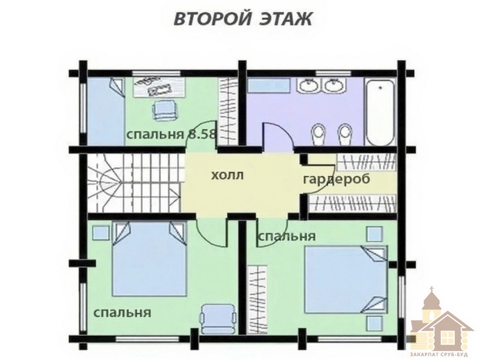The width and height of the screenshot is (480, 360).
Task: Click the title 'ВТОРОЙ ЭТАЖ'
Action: (243, 19)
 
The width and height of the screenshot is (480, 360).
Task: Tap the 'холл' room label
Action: (227, 176)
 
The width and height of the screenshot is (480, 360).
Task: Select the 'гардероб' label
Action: (337, 179)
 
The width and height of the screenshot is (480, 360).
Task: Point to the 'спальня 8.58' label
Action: (172, 134)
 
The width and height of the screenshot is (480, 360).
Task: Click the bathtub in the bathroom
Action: (380, 113)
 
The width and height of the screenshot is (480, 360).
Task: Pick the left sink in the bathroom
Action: (309, 85)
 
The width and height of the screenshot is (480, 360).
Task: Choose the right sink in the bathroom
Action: (334, 85)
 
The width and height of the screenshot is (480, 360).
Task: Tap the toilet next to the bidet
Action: (319, 134)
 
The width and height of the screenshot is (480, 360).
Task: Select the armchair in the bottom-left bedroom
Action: (218, 319)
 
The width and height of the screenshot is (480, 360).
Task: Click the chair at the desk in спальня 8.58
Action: (164, 111)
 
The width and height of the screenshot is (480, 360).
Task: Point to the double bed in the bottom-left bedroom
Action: (149, 259)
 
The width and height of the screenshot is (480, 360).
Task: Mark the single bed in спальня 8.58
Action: (106, 112)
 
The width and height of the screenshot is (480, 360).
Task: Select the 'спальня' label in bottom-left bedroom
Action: (122, 313)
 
